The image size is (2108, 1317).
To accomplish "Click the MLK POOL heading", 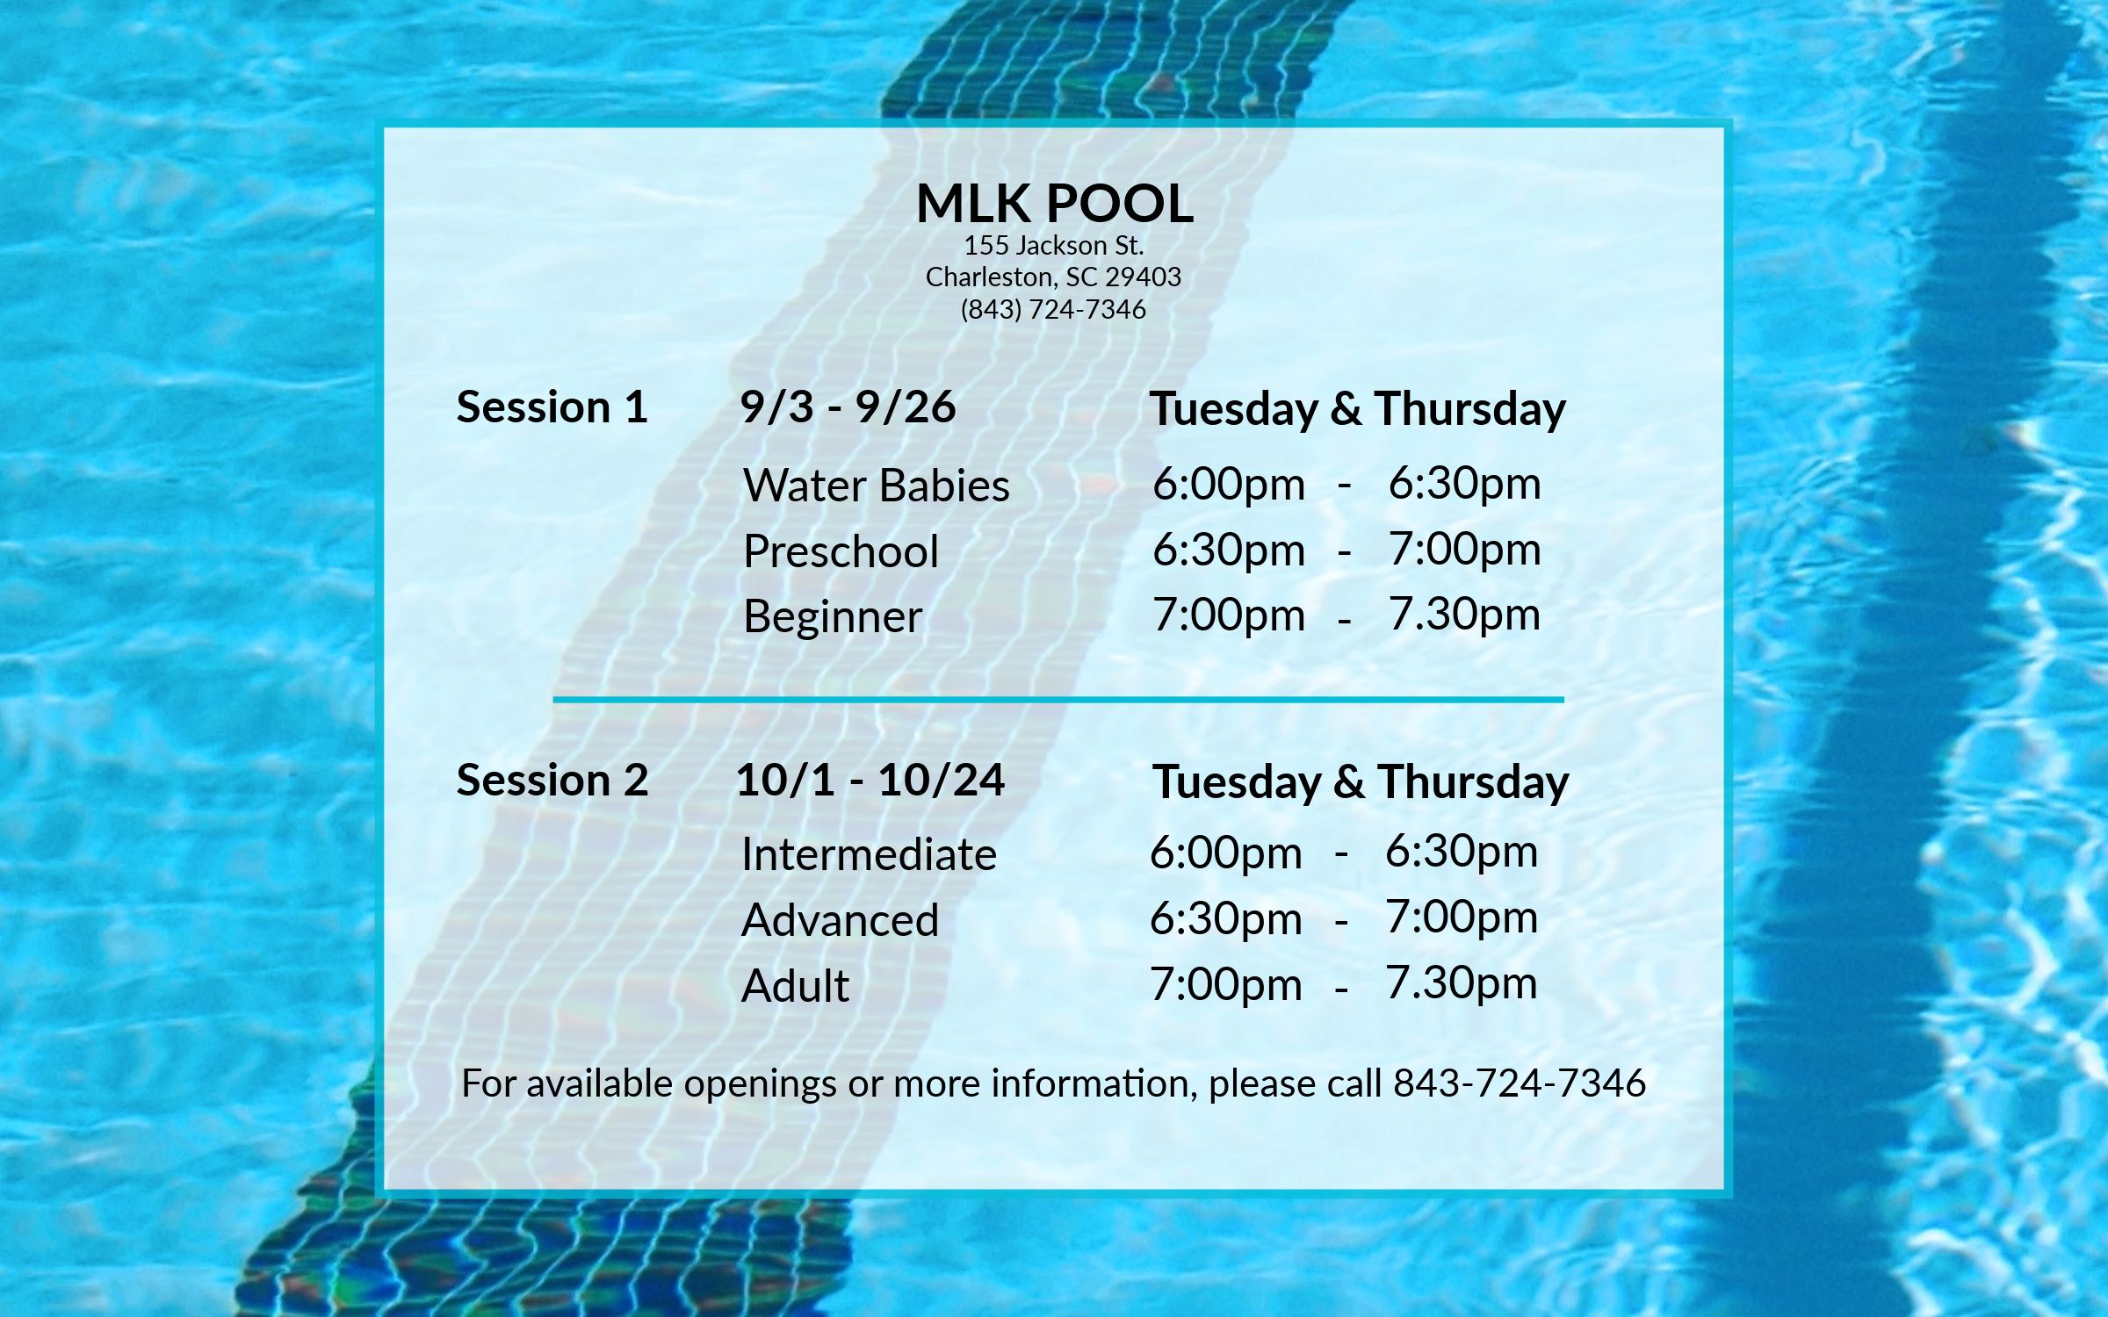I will coord(1054,204).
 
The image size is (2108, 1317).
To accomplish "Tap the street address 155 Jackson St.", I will coord(1054,245).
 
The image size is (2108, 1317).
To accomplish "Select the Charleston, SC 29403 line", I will coord(1053,277).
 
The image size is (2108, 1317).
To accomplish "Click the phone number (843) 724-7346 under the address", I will coord(1053,310).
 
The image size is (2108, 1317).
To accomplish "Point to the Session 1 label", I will coord(552,407).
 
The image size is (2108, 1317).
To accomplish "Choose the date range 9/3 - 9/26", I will coord(848,407).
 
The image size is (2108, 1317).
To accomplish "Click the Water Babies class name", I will coord(876,486).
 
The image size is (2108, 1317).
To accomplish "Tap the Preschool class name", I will coord(841,551).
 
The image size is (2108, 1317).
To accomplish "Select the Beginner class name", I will coord(832,616).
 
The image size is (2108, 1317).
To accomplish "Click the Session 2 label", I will coord(552,781).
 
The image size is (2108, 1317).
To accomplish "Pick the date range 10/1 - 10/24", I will coord(870,781).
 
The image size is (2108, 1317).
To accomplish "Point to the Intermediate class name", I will coord(869,854).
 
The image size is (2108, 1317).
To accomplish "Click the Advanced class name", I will coord(840,920).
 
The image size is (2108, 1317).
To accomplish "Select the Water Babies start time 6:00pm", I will coord(1228,484).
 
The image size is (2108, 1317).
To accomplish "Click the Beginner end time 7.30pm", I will coord(1464,615).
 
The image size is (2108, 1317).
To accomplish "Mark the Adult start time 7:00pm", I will coord(1225,984).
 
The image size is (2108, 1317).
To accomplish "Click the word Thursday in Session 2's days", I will coord(1473,782).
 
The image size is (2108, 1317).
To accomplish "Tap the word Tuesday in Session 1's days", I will coord(1234,409).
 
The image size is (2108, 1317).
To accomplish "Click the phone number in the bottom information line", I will coord(1520,1083).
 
